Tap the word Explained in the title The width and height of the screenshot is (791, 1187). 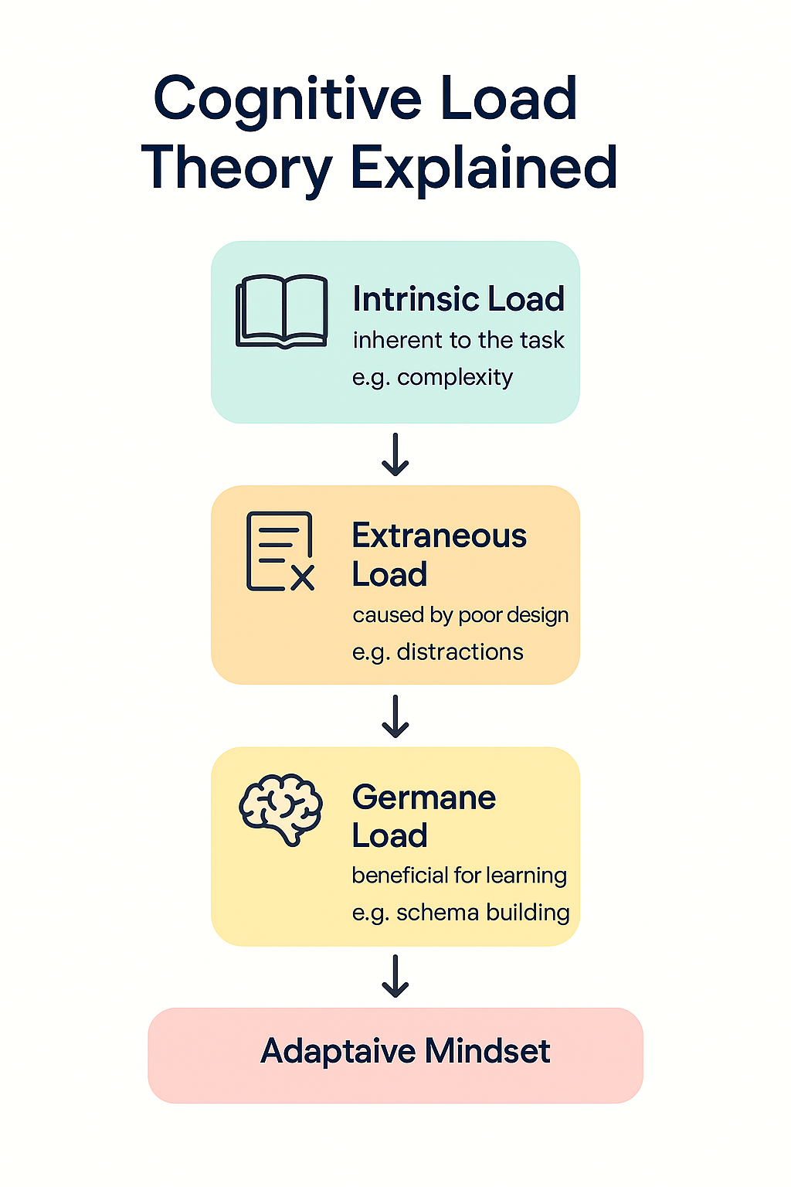click(x=484, y=168)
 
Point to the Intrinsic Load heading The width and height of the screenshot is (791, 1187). click(x=458, y=299)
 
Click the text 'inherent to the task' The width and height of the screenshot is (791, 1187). click(x=458, y=340)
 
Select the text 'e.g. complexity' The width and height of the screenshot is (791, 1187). click(x=433, y=377)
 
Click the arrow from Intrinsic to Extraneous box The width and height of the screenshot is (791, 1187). click(x=395, y=454)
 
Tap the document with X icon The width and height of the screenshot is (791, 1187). click(x=280, y=552)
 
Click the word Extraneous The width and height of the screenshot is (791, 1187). click(x=439, y=536)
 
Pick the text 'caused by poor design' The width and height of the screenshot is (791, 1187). click(x=460, y=615)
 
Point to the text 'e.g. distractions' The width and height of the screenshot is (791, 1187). click(x=437, y=652)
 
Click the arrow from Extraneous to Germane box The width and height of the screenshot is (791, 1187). click(x=395, y=716)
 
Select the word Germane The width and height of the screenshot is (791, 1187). click(x=424, y=798)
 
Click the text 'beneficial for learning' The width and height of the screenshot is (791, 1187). click(x=459, y=876)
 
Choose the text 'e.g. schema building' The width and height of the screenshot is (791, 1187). click(x=460, y=913)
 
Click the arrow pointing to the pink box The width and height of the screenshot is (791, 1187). click(x=395, y=976)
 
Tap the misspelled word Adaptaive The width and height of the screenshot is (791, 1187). click(x=338, y=1051)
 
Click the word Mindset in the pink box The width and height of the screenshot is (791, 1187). click(x=487, y=1051)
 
